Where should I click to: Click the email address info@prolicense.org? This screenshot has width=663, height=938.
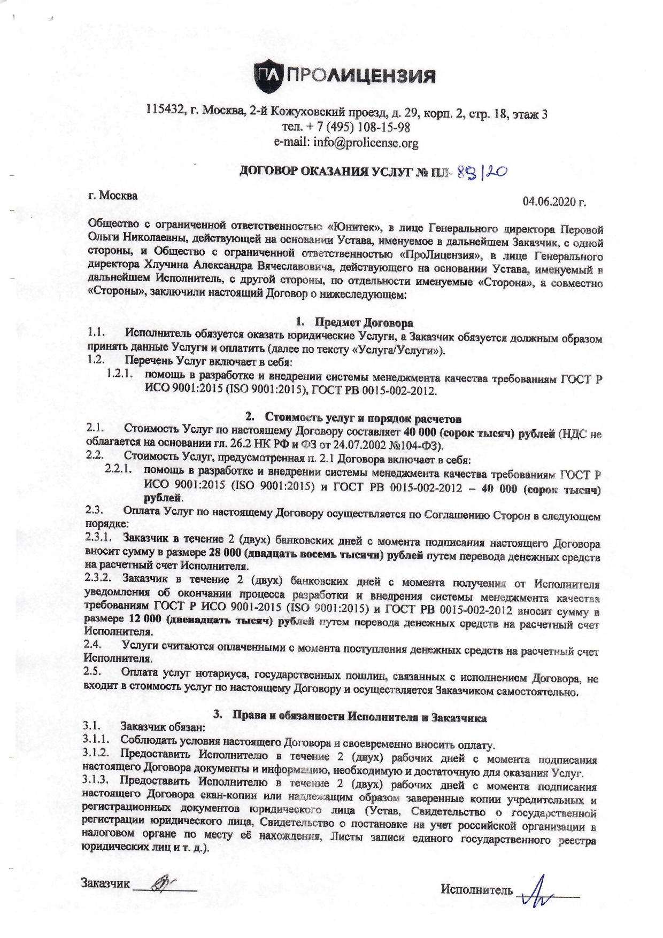pos(346,143)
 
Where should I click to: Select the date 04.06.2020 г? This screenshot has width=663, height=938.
pos(554,201)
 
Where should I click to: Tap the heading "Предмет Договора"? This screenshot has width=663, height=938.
pos(364,322)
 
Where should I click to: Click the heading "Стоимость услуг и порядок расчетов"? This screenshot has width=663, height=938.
pos(363,418)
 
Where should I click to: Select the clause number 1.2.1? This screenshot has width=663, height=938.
pos(119,374)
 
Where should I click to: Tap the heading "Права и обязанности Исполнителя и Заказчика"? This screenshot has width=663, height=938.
pos(358,717)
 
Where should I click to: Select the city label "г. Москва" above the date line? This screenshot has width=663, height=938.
pos(113,196)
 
